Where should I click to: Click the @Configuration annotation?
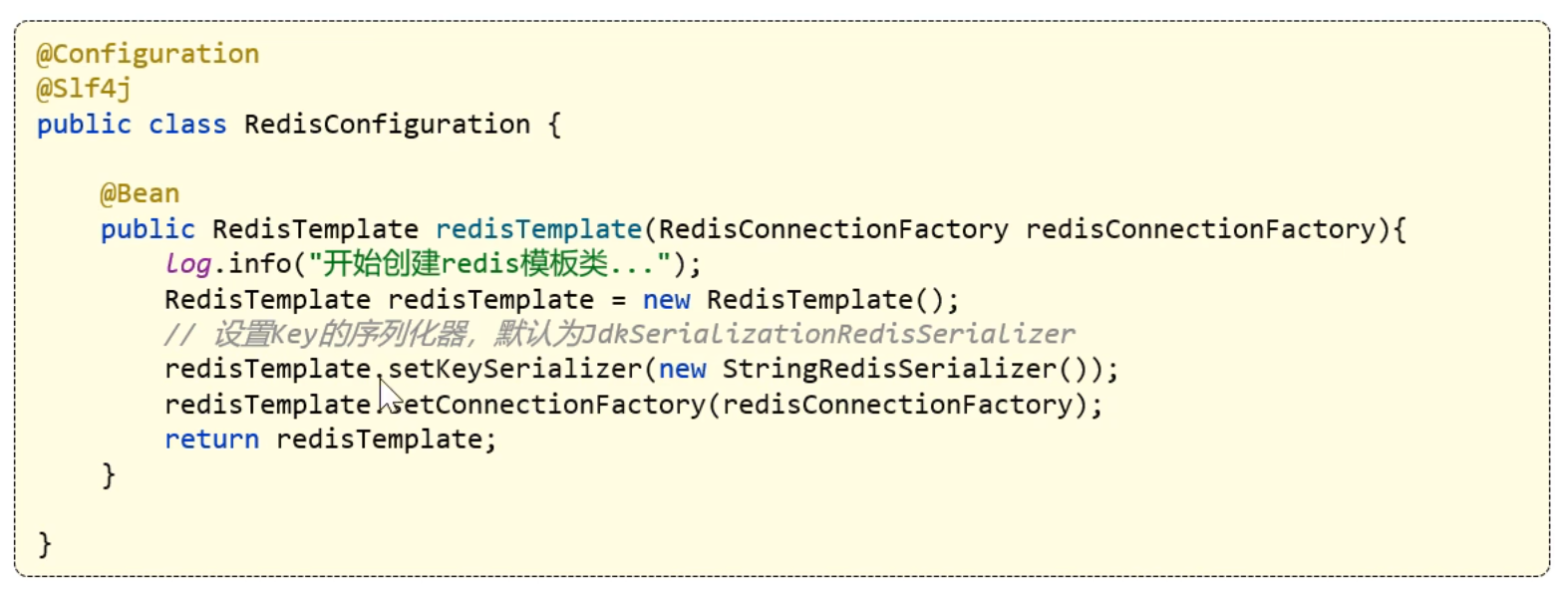tap(148, 54)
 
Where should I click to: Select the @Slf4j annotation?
tap(85, 89)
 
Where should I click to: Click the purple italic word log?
tap(187, 265)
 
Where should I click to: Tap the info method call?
tap(250, 265)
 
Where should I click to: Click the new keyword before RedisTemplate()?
tap(667, 300)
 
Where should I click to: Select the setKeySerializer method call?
tap(514, 370)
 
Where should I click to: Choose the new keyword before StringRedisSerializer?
tap(683, 370)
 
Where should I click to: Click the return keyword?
tap(211, 440)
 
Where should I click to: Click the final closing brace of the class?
tap(44, 544)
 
